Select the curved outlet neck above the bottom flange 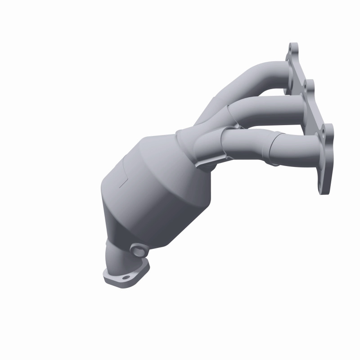(x=118, y=257)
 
